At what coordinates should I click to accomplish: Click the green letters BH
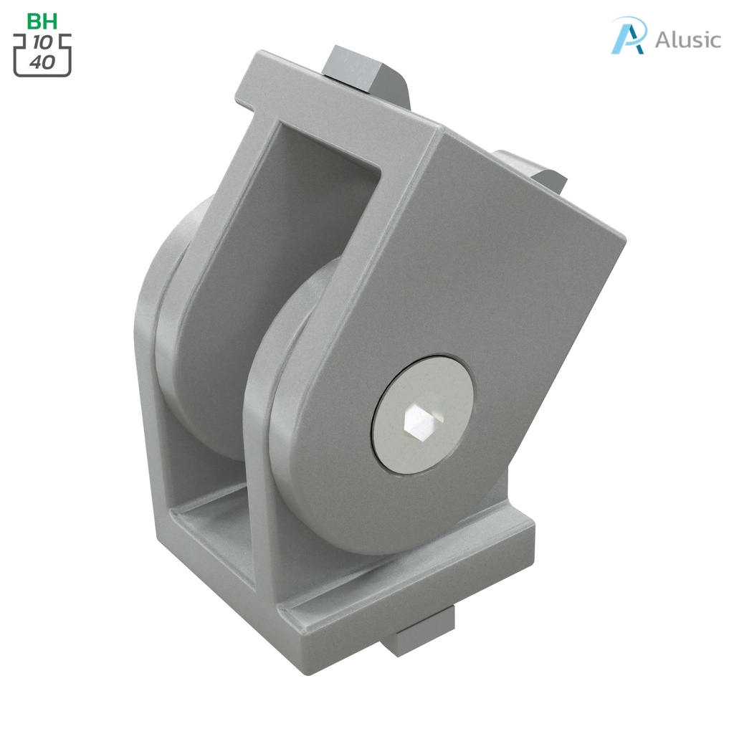point(42,21)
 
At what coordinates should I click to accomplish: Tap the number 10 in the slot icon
point(42,43)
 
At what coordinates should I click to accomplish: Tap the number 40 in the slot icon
point(42,61)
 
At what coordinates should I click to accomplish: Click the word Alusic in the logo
point(687,39)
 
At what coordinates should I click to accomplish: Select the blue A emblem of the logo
point(629,35)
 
